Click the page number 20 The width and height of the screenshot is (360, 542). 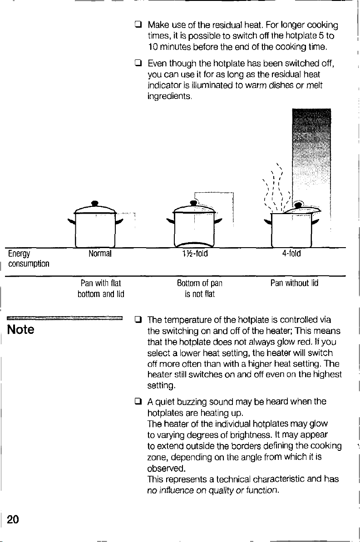[13, 519]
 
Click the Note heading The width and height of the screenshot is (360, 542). [21, 329]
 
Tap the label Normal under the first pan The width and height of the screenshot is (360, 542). [100, 254]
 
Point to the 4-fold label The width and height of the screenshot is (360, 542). [291, 254]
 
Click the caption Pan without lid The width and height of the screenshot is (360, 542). [294, 283]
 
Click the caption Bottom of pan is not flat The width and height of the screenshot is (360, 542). [200, 288]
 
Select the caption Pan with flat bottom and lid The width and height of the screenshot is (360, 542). [101, 288]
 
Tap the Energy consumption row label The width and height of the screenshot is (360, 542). [29, 259]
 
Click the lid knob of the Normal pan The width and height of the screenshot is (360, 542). [95, 203]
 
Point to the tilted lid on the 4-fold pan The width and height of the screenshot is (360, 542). [301, 209]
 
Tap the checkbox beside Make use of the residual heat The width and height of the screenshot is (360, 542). [138, 25]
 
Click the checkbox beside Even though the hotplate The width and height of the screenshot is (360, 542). [138, 63]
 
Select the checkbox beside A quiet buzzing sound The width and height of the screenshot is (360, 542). [138, 401]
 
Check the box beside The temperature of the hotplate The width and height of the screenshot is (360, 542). [138, 320]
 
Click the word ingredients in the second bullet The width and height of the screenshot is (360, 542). [169, 96]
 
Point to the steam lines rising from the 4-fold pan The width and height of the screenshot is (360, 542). [275, 188]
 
